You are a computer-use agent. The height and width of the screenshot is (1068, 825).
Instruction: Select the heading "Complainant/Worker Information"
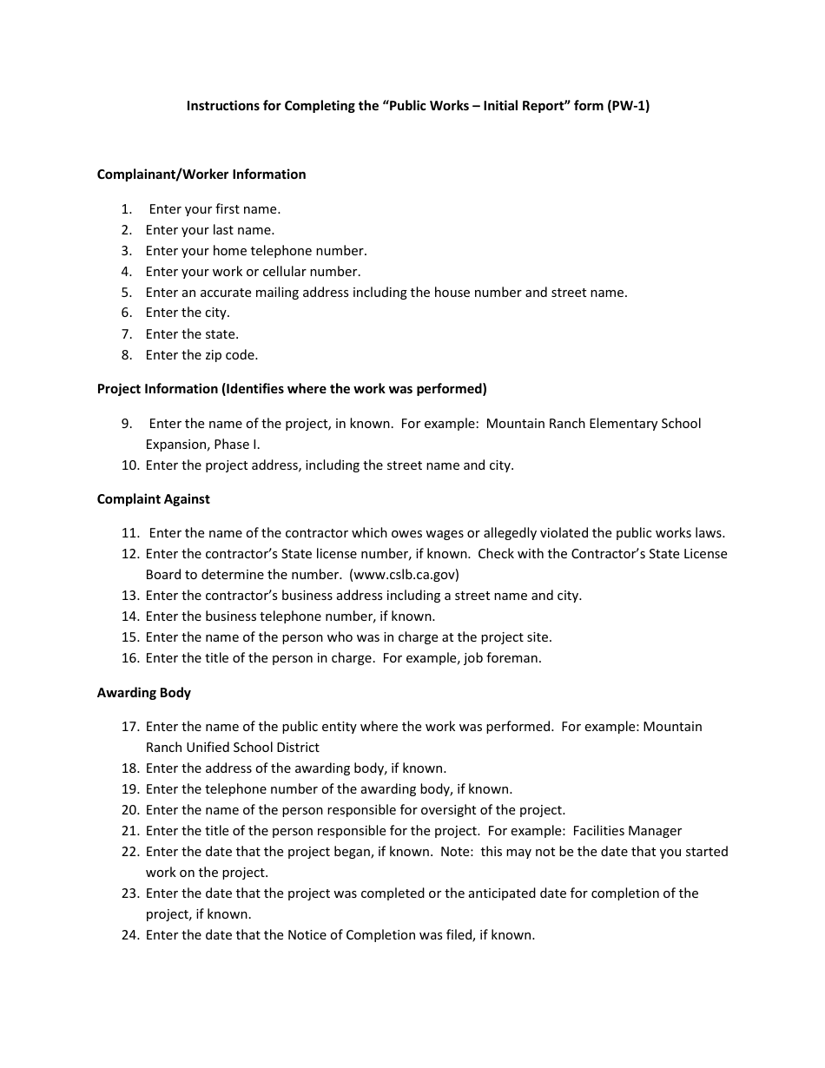coord(201,175)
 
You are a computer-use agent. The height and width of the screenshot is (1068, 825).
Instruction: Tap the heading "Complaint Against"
coord(154,499)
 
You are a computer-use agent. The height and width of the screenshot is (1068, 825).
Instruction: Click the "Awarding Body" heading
coord(144,693)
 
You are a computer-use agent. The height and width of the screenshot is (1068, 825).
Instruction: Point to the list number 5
coord(127,293)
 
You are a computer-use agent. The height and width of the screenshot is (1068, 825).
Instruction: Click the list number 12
coord(130,554)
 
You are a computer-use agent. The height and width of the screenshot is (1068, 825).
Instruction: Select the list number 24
coord(130,935)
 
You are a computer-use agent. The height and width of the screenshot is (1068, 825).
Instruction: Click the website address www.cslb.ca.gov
coord(404,575)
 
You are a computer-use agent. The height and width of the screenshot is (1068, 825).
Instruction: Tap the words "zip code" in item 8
coord(231,355)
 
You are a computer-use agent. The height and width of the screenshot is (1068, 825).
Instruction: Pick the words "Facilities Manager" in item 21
coord(627,831)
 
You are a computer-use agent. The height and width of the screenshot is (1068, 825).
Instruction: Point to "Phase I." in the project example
coord(235,445)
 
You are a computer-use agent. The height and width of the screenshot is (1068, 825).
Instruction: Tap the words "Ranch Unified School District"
coord(233,748)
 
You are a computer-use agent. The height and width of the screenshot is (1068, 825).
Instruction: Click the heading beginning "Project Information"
coord(292,389)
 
